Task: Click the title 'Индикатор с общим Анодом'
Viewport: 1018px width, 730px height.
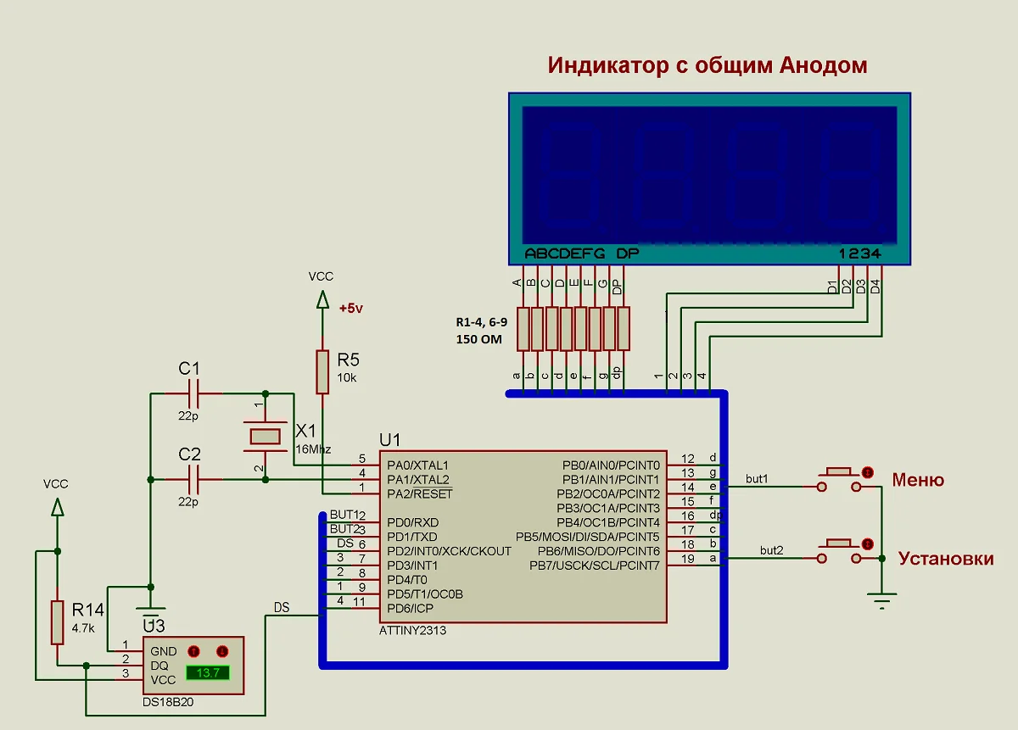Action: click(x=708, y=65)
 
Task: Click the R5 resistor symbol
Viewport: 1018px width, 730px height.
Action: click(x=322, y=371)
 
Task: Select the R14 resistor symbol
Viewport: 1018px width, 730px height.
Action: click(x=57, y=621)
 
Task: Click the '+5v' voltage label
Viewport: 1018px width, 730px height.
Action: click(x=350, y=309)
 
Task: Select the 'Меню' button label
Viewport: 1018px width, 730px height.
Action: click(x=917, y=481)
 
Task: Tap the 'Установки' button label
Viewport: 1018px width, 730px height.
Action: click(x=945, y=559)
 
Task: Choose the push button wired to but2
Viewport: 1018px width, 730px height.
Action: click(x=840, y=552)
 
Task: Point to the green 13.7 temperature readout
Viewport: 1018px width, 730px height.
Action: click(x=208, y=672)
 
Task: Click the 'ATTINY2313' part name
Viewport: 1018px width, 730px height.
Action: click(x=412, y=631)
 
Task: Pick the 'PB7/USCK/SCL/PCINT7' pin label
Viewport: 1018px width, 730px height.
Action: click(x=594, y=566)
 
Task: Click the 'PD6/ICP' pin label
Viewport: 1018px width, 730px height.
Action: click(x=411, y=608)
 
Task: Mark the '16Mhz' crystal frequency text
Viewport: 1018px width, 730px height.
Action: click(x=312, y=449)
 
